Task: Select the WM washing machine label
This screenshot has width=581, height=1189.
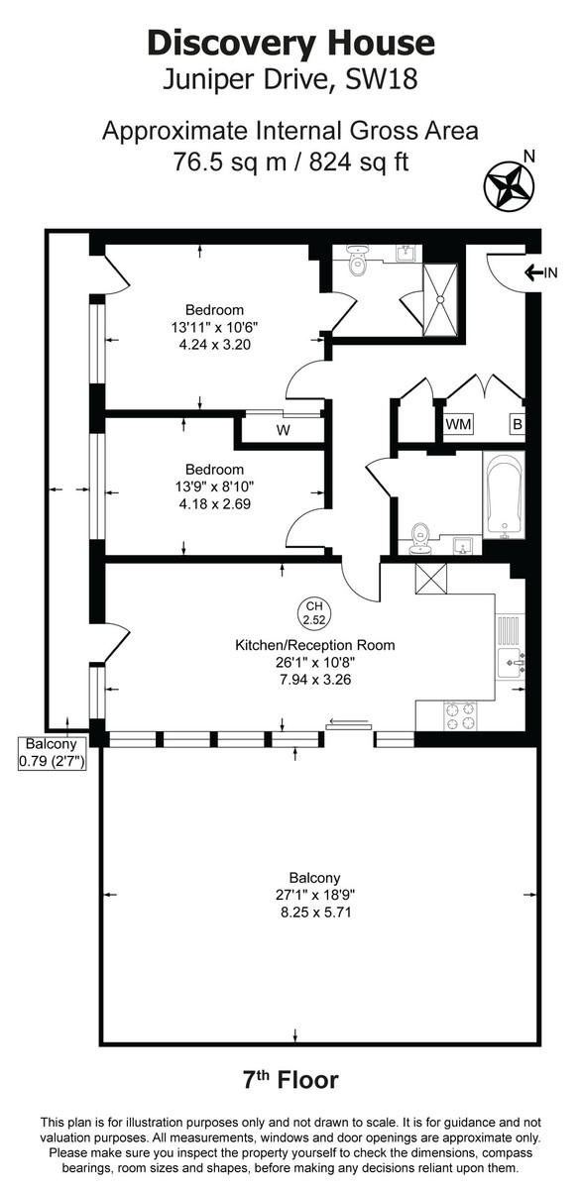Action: [458, 424]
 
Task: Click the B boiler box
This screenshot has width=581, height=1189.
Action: [516, 424]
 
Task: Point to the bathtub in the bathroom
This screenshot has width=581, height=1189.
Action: [505, 496]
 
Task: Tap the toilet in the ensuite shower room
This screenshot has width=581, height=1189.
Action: [356, 265]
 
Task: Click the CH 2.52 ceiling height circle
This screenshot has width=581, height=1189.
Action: [313, 612]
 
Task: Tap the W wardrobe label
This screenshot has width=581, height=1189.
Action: [283, 430]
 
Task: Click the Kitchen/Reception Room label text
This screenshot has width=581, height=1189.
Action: [314, 645]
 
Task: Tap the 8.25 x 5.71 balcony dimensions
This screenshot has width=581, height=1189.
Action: [314, 912]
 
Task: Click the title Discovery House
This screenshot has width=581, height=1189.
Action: [290, 43]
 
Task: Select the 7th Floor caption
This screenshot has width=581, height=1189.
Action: [290, 1079]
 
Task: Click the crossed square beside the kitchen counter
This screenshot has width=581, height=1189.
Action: [432, 578]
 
